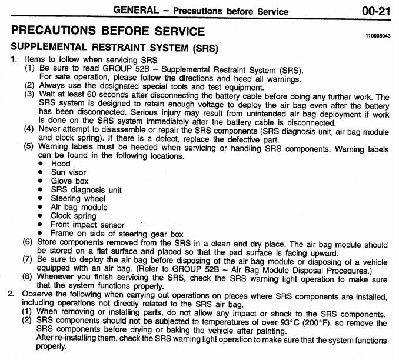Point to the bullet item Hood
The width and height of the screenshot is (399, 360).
61,164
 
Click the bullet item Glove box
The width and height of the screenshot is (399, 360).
70,181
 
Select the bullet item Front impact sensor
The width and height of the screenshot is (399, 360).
88,224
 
